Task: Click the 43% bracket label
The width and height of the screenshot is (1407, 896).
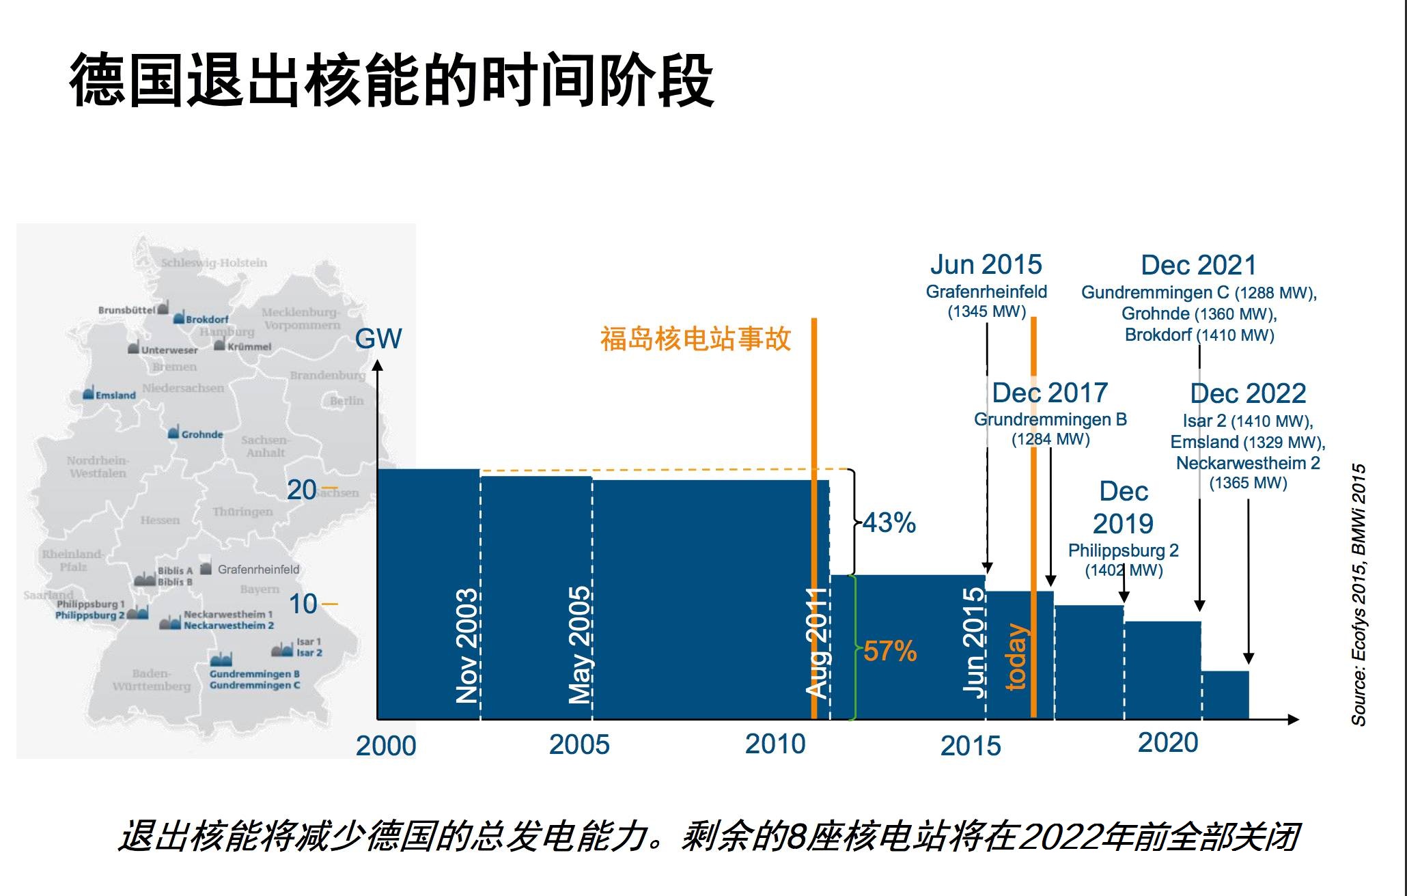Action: [889, 523]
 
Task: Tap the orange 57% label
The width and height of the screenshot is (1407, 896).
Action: [889, 651]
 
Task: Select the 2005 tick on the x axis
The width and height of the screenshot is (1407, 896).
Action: [579, 744]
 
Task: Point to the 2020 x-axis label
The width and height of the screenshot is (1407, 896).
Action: [1168, 742]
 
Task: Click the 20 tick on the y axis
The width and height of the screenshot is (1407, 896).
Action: [302, 490]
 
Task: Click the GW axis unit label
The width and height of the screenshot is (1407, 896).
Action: [378, 338]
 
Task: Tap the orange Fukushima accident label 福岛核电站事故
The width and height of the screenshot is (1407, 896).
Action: [695, 338]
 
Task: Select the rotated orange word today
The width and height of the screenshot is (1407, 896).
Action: [1017, 656]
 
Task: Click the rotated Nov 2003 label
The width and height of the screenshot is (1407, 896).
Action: [467, 645]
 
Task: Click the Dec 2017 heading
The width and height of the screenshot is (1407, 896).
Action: [1050, 393]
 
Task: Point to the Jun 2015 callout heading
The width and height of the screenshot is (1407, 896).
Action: [986, 264]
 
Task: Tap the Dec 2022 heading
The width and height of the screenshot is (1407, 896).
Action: [1248, 393]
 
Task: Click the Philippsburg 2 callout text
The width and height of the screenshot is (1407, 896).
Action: [1124, 550]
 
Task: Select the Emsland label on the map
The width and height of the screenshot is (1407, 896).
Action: [115, 395]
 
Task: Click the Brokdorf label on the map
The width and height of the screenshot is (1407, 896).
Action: [207, 319]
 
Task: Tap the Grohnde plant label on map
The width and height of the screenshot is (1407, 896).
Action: [202, 434]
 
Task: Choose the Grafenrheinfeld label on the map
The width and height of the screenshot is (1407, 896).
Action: [258, 569]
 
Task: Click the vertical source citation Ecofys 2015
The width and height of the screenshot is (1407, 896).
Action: [1359, 594]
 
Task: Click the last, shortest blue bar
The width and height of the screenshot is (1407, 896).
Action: [1225, 695]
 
